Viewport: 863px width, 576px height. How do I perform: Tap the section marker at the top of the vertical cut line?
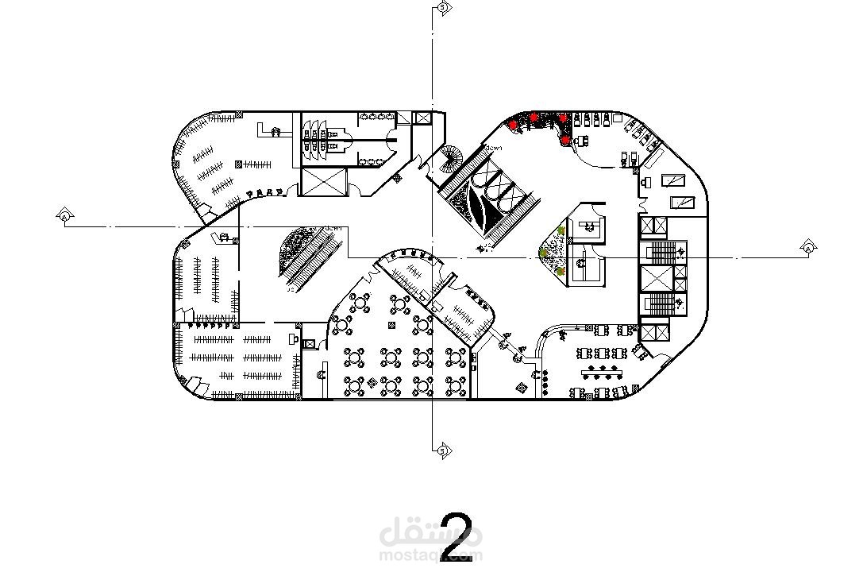[441, 8]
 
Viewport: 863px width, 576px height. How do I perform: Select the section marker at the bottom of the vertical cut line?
[441, 451]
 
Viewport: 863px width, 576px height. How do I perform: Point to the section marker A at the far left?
[64, 215]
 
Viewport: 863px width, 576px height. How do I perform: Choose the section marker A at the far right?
[807, 248]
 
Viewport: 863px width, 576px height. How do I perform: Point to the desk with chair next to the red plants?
[580, 140]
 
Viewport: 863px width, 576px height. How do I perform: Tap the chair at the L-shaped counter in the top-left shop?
[276, 132]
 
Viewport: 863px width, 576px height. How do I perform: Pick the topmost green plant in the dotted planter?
[561, 231]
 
